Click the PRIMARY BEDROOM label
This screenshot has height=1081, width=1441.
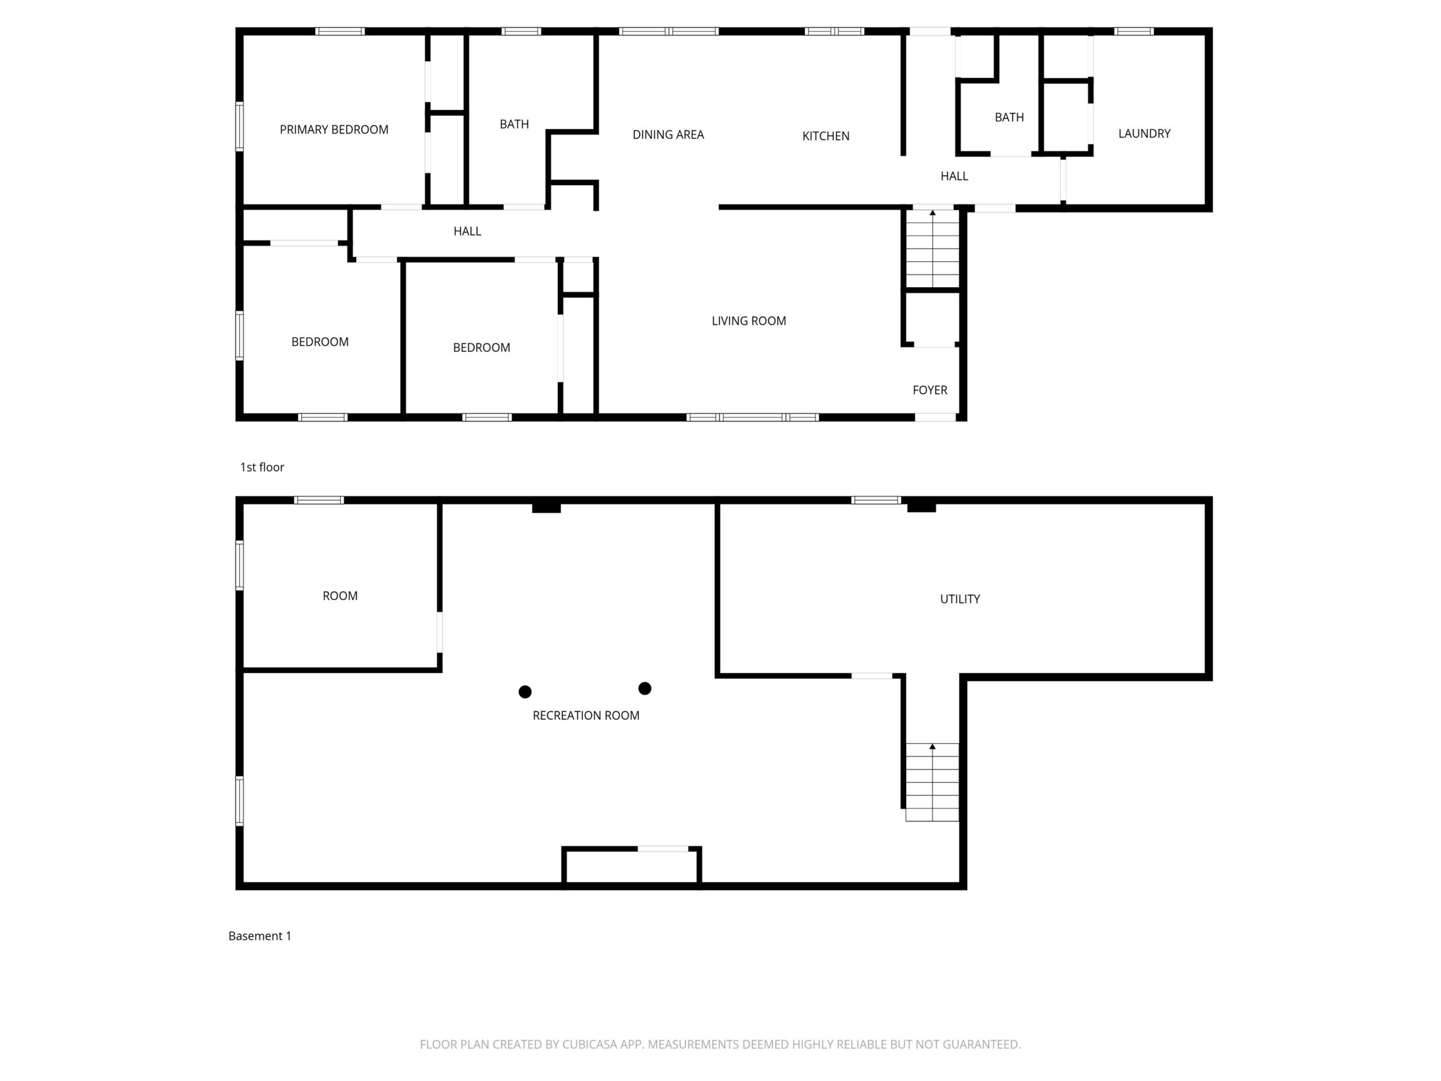click(x=334, y=129)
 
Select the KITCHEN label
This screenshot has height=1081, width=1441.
click(x=825, y=136)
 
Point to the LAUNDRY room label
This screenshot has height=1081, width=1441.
click(x=1144, y=133)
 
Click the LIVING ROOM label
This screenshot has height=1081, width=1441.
click(x=749, y=320)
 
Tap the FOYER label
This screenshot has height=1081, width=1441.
click(x=930, y=390)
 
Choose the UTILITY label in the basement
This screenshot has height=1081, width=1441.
click(x=960, y=599)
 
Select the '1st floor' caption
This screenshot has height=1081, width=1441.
click(x=262, y=467)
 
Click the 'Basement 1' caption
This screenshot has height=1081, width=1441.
click(x=260, y=936)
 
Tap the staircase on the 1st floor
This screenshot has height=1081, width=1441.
click(x=932, y=248)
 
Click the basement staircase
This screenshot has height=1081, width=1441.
click(x=932, y=782)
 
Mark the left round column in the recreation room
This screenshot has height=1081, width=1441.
click(x=525, y=691)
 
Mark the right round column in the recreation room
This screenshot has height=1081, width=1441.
click(x=645, y=688)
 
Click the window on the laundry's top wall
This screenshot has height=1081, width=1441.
click(x=1134, y=32)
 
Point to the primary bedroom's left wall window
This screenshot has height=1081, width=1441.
click(x=240, y=127)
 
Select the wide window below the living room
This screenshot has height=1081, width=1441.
click(x=753, y=417)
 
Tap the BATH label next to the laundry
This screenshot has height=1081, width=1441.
click(x=1009, y=117)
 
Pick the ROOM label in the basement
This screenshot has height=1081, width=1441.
click(x=340, y=596)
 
